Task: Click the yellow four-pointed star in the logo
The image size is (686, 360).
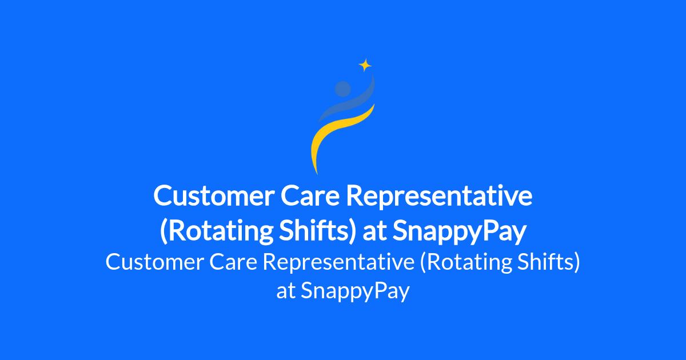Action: [x=365, y=65]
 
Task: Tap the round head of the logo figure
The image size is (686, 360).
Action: [x=342, y=89]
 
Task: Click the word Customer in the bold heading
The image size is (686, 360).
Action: [x=214, y=196]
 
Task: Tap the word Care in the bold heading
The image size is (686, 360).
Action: [x=310, y=196]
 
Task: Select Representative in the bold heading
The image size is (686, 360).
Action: [x=439, y=197]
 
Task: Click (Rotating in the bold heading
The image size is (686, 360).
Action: [x=216, y=231]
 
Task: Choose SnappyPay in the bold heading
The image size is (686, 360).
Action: [x=460, y=231]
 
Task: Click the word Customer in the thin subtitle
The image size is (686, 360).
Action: [x=155, y=262]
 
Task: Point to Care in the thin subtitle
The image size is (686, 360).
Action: [x=233, y=262]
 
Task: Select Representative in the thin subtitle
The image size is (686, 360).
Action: [x=338, y=263]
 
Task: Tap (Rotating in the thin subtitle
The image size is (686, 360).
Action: [x=465, y=263]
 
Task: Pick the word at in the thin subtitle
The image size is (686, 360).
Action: [x=286, y=291]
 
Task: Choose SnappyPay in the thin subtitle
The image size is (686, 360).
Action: [x=355, y=291]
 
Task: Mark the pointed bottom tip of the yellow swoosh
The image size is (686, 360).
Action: [x=317, y=174]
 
